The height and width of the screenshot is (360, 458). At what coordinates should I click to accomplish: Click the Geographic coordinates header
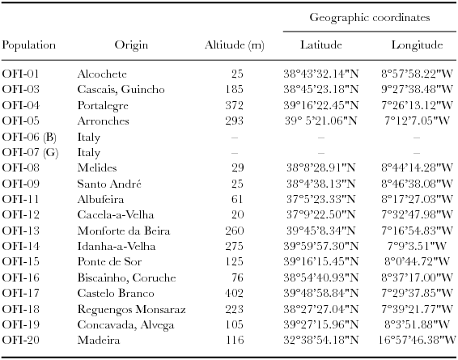coord(370,17)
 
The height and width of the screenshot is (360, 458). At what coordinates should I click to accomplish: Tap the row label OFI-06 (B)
coord(28,136)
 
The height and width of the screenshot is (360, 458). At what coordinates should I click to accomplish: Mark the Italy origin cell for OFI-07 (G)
coord(89,151)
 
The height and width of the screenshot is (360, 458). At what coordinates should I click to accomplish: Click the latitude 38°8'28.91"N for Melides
coord(321,167)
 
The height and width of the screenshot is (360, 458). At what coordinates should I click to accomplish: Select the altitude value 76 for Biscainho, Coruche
coord(239,277)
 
